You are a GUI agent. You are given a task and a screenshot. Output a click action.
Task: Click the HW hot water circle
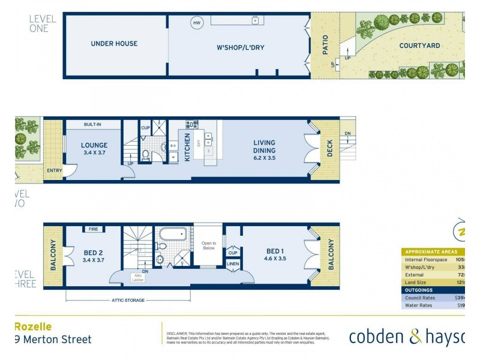(196, 23)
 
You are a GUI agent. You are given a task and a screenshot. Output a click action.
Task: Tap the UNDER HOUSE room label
(114, 44)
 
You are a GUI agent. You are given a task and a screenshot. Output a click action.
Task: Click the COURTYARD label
(420, 46)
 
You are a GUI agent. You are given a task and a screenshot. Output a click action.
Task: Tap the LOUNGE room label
(94, 145)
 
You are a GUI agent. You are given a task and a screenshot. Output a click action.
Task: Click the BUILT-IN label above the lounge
(92, 125)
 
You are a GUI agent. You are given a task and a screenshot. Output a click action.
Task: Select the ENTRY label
(54, 171)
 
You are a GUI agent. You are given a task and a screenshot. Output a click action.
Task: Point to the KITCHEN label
(187, 146)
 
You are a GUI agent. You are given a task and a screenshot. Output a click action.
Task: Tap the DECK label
(329, 149)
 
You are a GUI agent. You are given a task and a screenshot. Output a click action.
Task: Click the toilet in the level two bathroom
(145, 155)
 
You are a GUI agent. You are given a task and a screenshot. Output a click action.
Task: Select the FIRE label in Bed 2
(93, 229)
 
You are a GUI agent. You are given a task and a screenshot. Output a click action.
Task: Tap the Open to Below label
(209, 245)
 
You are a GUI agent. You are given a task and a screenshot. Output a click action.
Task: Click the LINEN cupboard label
(233, 264)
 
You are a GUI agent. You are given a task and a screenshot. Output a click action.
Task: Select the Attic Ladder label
(139, 277)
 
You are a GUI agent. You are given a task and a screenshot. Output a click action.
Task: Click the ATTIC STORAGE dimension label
(127, 300)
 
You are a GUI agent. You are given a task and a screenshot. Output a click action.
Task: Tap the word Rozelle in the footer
(33, 326)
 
